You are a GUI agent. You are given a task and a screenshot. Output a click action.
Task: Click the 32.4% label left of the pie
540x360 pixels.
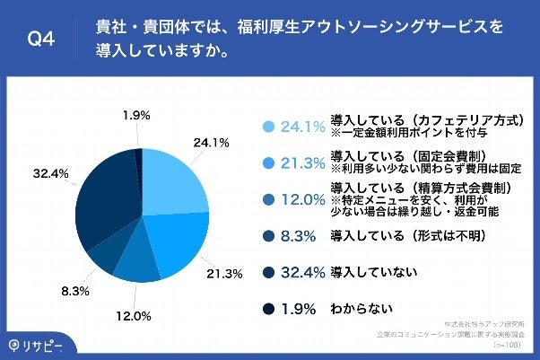(x=50, y=172)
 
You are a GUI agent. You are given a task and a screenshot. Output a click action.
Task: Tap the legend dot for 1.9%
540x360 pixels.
(x=266, y=309)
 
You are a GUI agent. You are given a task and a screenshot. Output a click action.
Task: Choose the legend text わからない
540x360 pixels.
(x=361, y=309)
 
